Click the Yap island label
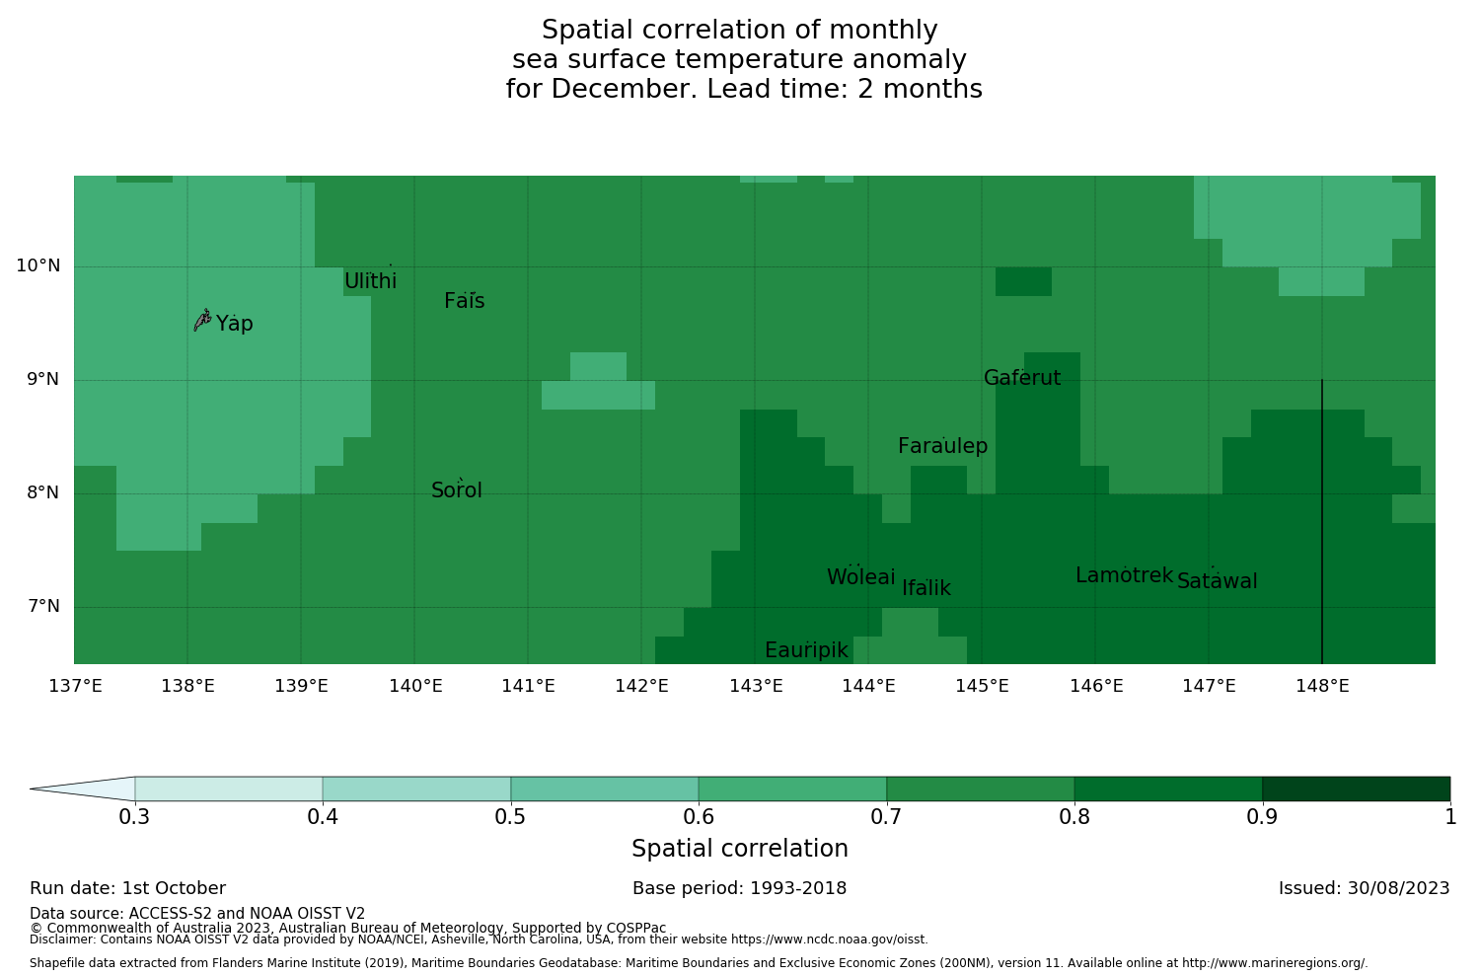[x=235, y=324]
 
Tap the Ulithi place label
[x=371, y=281]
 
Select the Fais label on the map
[x=464, y=301]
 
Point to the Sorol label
[x=457, y=490]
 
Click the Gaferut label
[x=1022, y=378]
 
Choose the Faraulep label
[x=942, y=446]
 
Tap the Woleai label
[x=861, y=577]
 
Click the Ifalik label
[x=926, y=588]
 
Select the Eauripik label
[x=806, y=650]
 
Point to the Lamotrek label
[x=1124, y=575]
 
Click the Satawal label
[x=1217, y=581]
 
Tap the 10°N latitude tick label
[x=37, y=265]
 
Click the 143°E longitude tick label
[x=756, y=686]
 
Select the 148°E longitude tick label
[x=1322, y=686]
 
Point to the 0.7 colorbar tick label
[x=887, y=817]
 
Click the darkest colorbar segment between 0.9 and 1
[x=1356, y=789]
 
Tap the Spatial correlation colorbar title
[x=740, y=849]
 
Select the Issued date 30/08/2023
[x=1400, y=888]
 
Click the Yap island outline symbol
[x=202, y=320]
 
